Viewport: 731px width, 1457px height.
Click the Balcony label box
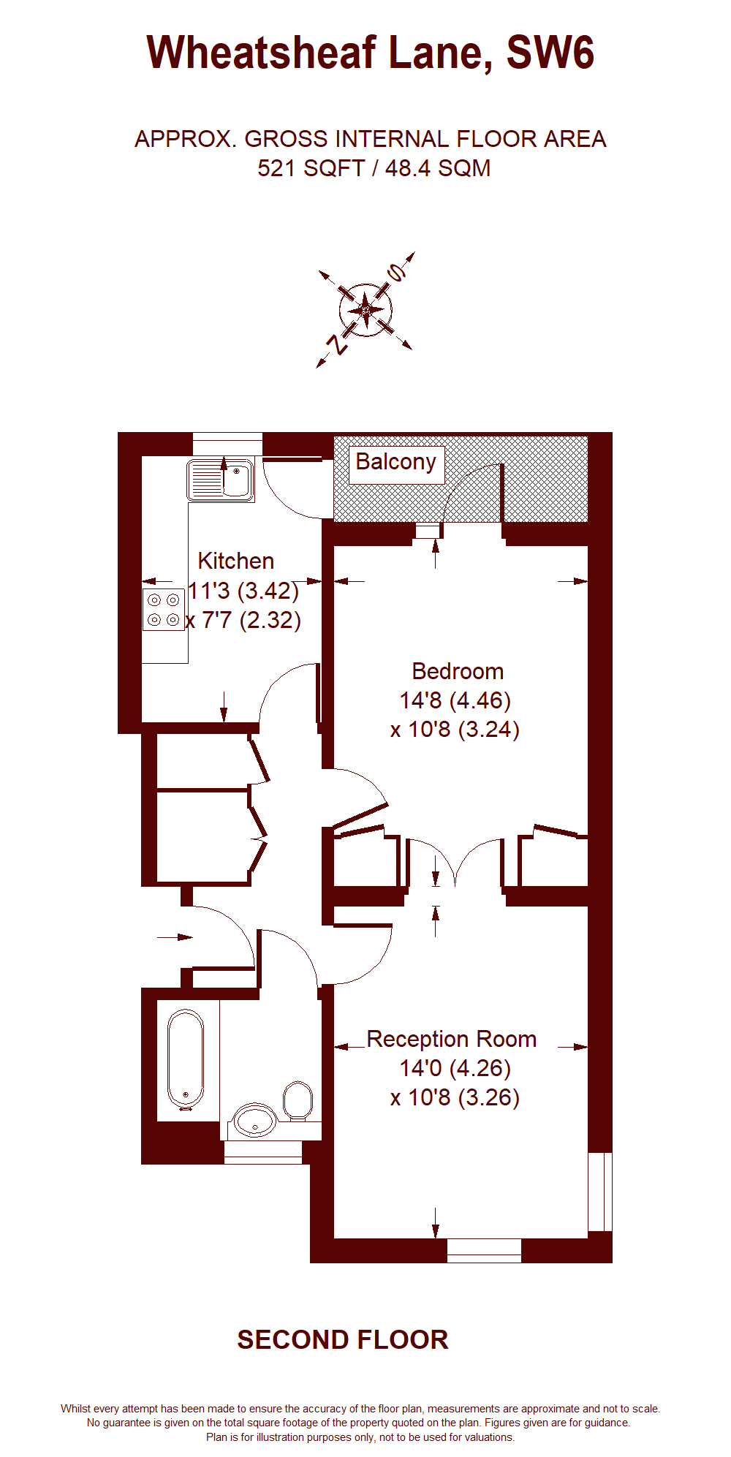pos(396,464)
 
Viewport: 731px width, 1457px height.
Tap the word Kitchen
pos(236,561)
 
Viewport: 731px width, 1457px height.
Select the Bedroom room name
pos(458,671)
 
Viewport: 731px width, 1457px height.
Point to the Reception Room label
pos(452,1039)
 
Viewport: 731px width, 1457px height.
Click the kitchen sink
pos(220,480)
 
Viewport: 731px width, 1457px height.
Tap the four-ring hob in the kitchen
pos(164,610)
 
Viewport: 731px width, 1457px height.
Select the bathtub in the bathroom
pos(186,1060)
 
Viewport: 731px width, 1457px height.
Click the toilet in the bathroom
pos(298,1100)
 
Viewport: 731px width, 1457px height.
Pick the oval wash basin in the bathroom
pos(254,1121)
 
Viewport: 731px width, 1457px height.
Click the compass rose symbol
pos(365,310)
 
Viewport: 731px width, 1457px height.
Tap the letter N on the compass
pos(337,344)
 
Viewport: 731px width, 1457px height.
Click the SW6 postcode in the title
pos(550,53)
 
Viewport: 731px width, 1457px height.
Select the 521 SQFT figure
pos(311,168)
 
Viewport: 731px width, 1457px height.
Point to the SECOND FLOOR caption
pos(343,1339)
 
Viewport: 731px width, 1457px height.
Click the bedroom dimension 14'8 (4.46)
pos(455,700)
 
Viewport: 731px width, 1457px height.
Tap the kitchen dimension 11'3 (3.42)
pos(243,590)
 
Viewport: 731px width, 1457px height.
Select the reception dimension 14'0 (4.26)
pos(455,1068)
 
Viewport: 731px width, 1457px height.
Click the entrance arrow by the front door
pos(175,936)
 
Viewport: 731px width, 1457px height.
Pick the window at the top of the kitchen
pos(227,444)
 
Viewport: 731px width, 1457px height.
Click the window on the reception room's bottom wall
pos(484,1250)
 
